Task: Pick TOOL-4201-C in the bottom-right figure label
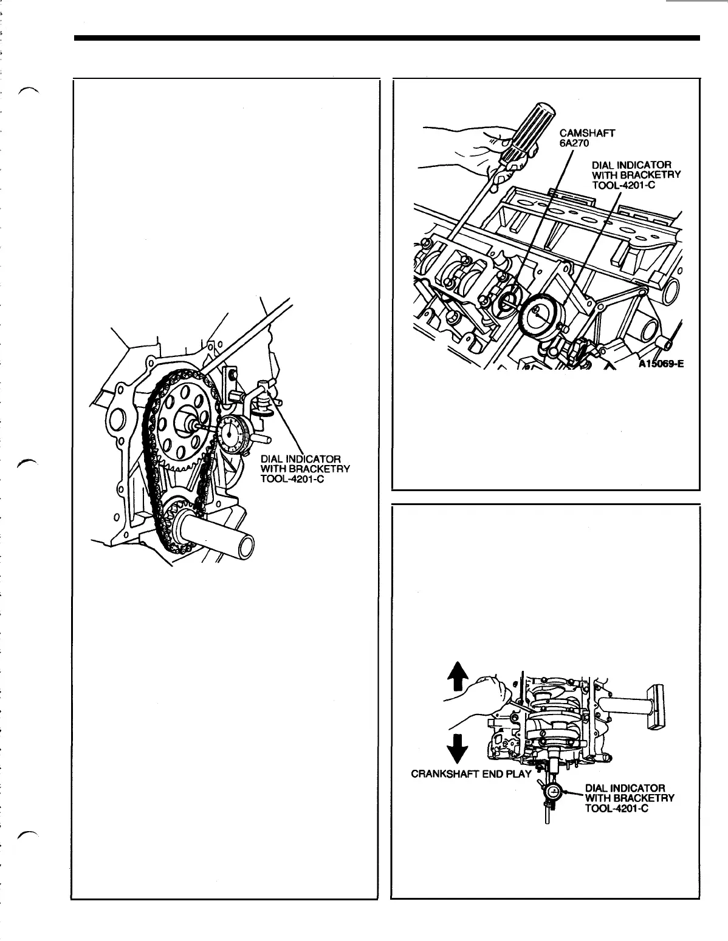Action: [x=617, y=808]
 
